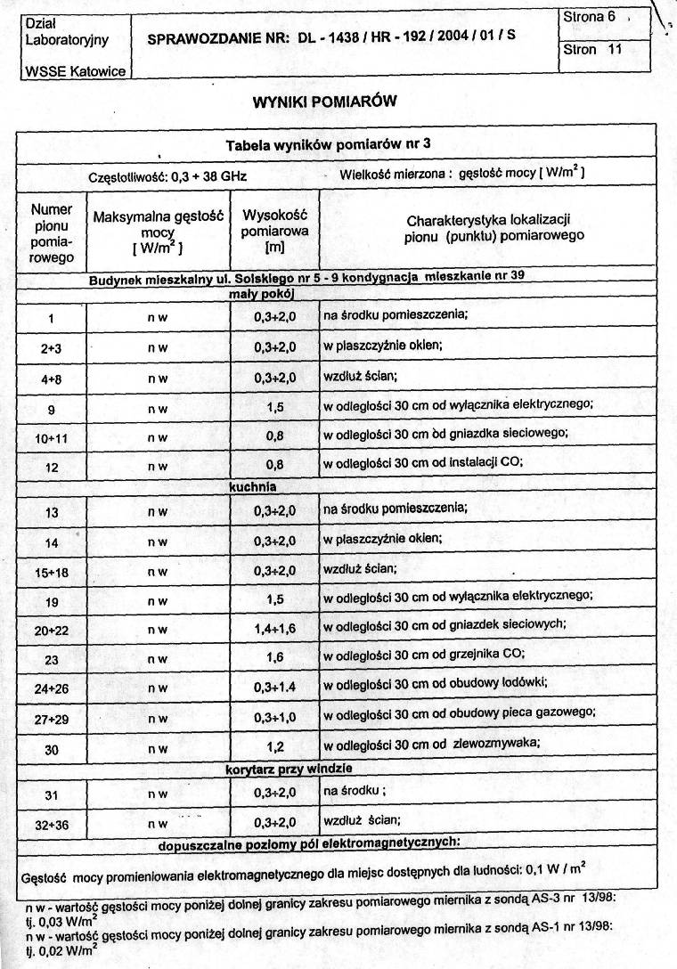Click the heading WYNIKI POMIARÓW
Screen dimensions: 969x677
tap(324, 102)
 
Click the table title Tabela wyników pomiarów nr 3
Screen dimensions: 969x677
tap(329, 145)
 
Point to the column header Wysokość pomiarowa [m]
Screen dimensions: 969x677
tap(273, 230)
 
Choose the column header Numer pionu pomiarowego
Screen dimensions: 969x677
tap(51, 233)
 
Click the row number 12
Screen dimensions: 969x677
tap(52, 466)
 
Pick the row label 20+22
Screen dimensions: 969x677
tap(52, 630)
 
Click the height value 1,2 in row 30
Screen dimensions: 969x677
tap(273, 749)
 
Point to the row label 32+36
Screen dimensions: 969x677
tap(52, 826)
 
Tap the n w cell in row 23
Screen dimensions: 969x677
tap(158, 660)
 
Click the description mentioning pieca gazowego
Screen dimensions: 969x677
tap(459, 712)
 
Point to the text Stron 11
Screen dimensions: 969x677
tap(592, 50)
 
